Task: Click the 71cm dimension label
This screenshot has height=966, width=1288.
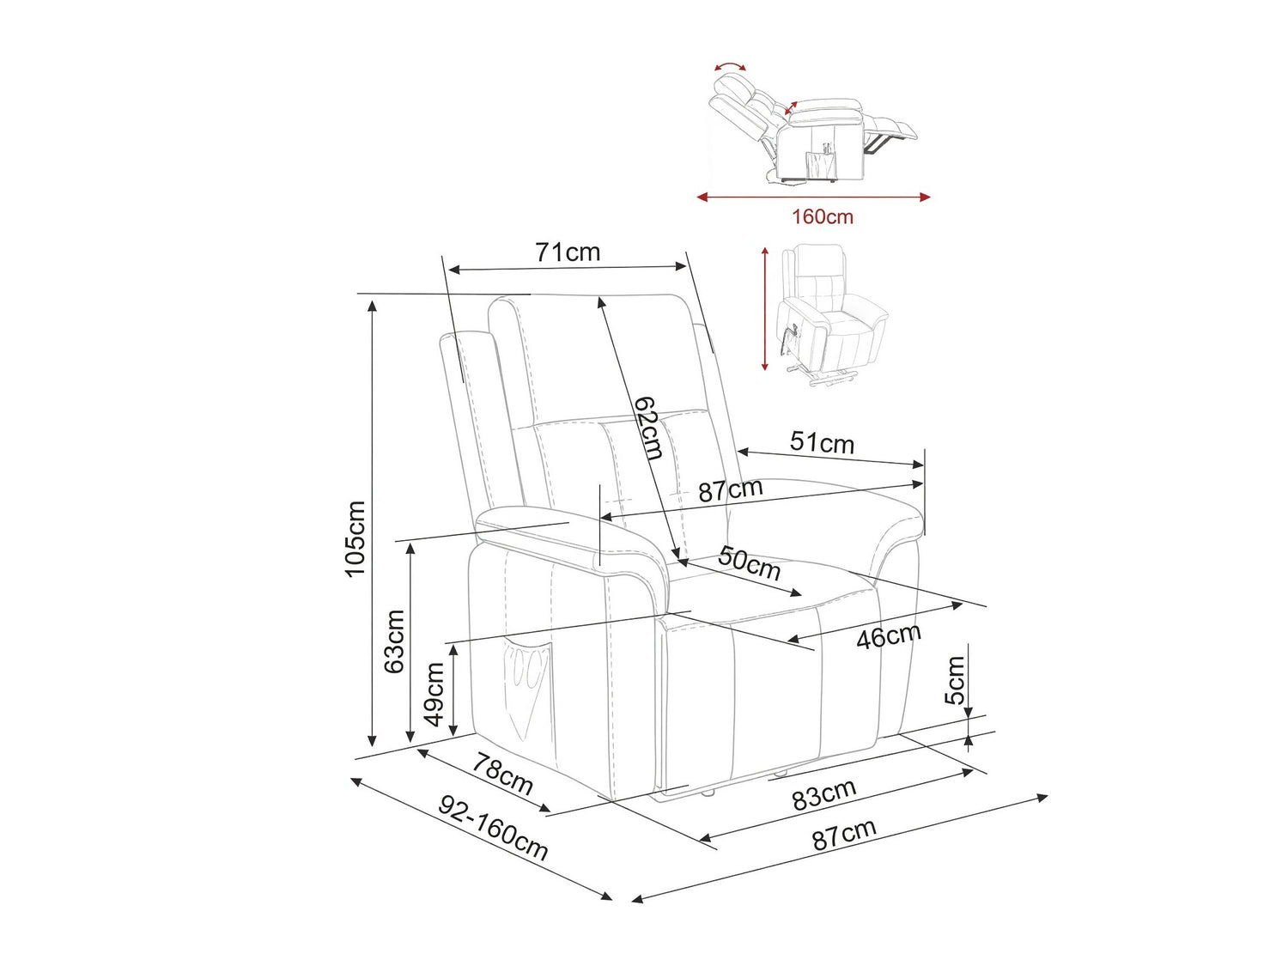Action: tap(568, 252)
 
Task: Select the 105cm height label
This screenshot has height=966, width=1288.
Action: tap(355, 539)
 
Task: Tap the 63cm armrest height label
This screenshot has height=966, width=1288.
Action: tap(394, 641)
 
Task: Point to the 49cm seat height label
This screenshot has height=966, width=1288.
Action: tap(434, 694)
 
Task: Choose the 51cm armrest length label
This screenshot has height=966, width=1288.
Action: tap(822, 443)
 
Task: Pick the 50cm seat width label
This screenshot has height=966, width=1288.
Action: tap(750, 563)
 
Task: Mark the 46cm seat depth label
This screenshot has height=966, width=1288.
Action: tap(889, 635)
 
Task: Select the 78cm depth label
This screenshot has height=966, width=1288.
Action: tap(503, 775)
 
